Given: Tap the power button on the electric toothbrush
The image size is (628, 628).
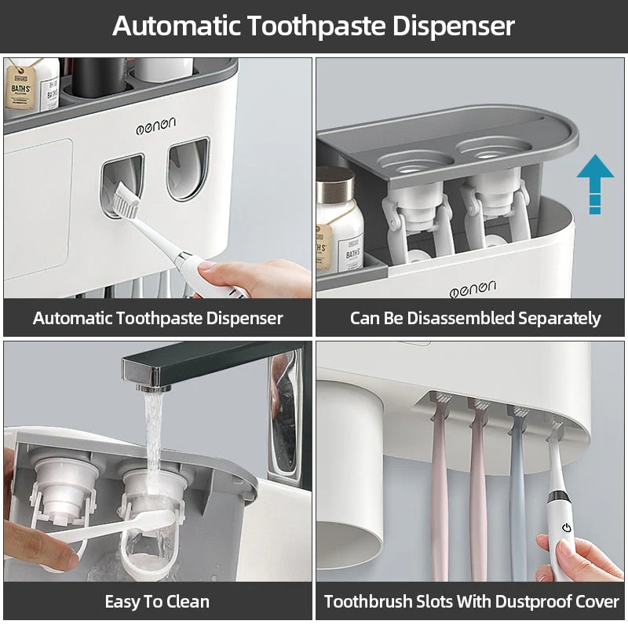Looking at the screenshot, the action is (566, 528).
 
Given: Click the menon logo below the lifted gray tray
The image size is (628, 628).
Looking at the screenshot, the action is (473, 289).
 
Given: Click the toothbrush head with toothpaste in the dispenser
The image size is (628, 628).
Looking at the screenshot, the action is (126, 199).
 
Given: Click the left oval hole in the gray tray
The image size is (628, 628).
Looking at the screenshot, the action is (415, 162).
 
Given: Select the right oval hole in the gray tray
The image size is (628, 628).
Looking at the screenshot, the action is (494, 148).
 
